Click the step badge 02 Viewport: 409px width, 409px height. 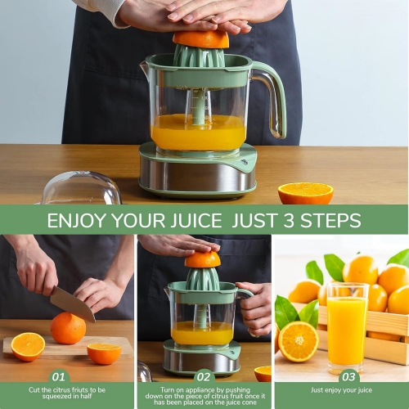tap(204, 377)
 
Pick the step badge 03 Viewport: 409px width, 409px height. tap(348, 377)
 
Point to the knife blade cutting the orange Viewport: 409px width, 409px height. tap(71, 303)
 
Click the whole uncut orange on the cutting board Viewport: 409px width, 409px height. tap(68, 328)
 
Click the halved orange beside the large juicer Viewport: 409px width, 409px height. tap(305, 193)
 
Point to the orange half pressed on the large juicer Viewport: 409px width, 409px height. tap(201, 38)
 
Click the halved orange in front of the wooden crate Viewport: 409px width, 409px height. tap(299, 340)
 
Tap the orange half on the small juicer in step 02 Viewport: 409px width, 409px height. tap(202, 260)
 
